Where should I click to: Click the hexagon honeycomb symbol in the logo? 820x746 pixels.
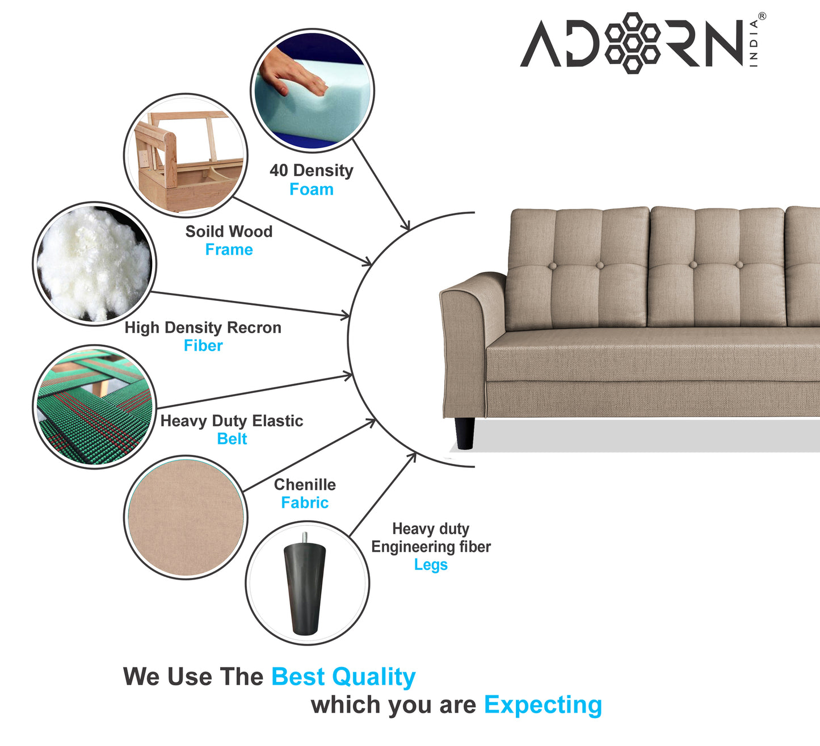632,43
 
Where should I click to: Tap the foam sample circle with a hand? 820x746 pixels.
312,90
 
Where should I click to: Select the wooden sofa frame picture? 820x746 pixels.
186,155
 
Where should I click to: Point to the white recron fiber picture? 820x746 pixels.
94,263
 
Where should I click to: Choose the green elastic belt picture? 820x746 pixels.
94,406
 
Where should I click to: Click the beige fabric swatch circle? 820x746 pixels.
186,517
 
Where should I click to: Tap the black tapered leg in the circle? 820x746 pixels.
305,585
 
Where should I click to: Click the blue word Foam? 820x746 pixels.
312,190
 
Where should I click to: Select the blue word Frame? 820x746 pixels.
229,250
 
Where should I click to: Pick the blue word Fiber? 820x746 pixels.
203,346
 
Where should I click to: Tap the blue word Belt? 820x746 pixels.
232,439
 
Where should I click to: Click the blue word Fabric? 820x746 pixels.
305,503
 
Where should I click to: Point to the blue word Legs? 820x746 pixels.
431,565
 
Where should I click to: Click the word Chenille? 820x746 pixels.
305,485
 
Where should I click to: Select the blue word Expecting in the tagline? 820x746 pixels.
543,705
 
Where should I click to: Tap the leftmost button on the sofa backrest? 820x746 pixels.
600,265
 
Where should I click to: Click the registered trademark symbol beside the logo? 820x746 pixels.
762,16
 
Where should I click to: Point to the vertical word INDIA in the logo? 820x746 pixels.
754,44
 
